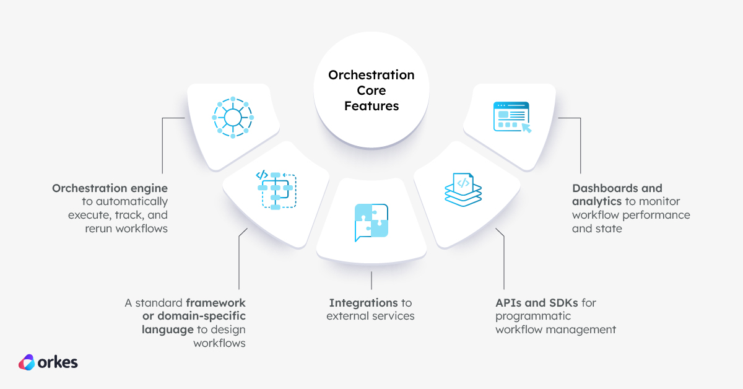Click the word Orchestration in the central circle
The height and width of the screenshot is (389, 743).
click(371, 76)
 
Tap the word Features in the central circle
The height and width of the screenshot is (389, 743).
click(371, 106)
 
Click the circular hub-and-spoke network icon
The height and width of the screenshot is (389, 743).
click(232, 116)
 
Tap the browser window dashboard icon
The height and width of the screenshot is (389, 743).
click(511, 116)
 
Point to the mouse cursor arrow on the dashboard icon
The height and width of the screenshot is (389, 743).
click(526, 128)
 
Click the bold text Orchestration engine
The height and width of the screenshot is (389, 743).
click(110, 188)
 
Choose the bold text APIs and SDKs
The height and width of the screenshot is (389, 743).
click(537, 303)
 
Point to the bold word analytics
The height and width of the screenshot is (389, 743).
click(597, 201)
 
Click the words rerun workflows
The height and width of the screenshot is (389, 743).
click(126, 229)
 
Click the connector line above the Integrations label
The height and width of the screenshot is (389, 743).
click(371, 279)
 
